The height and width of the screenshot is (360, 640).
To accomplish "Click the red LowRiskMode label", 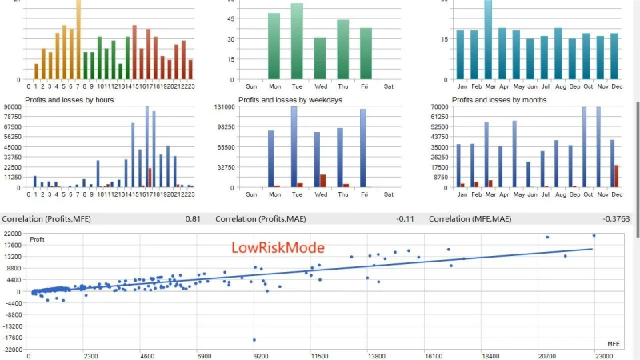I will (278, 248).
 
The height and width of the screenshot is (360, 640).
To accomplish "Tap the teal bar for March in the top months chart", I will (488, 40).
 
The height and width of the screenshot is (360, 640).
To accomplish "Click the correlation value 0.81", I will (193, 218).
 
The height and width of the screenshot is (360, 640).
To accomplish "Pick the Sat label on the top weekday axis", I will (389, 86).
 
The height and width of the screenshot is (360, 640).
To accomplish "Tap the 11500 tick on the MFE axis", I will (319, 355).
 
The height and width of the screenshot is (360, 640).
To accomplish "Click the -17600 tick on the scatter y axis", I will (12, 338).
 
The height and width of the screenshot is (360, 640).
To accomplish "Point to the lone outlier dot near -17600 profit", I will (254, 340).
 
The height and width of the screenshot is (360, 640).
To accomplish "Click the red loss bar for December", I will (616, 176).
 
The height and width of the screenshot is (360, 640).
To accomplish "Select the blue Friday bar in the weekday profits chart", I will (362, 148).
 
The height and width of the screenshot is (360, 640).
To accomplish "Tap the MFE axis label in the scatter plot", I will (614, 342).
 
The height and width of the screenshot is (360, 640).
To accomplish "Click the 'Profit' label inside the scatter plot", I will (38, 239).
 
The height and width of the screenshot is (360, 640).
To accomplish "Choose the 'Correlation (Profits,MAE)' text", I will (260, 218).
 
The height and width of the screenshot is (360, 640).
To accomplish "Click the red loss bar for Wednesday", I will (322, 181).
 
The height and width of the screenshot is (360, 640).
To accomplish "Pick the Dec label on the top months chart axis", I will (617, 86).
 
